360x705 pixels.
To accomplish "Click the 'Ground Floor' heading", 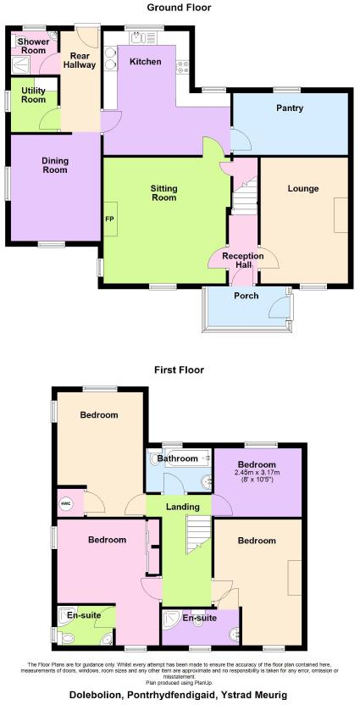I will pos(179,8).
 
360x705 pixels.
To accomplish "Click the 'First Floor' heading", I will pos(179,369).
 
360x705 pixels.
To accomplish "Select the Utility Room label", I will pos(33,95).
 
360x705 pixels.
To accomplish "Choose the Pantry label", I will pos(289,108).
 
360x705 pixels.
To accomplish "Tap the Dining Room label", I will pos(55,165).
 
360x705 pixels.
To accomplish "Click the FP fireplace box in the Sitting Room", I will pos(109,219).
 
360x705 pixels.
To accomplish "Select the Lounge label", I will pos(302,188).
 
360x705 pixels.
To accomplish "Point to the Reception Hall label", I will pos(243,260).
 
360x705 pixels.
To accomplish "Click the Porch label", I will pos(244,296).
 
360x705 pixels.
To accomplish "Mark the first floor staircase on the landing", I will pos(197,535).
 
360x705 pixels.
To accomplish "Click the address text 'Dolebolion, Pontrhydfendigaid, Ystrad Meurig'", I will pos(179,695).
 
